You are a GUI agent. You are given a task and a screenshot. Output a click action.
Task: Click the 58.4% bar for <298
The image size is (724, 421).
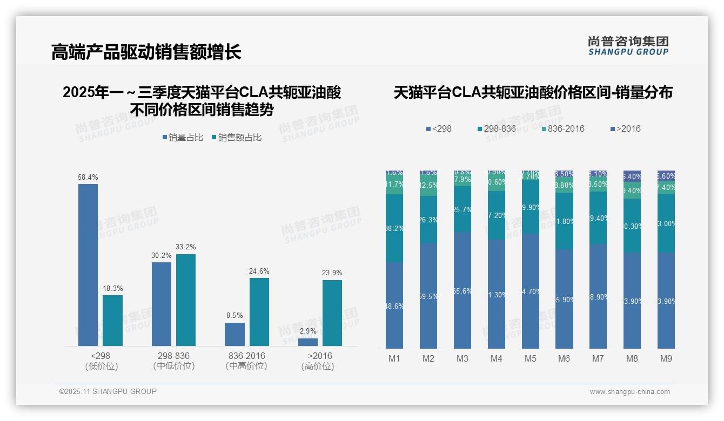(88, 264)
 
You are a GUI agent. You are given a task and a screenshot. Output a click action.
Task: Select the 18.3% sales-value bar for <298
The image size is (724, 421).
(112, 320)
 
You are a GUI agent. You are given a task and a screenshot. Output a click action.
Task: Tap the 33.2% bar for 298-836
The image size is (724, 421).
(186, 300)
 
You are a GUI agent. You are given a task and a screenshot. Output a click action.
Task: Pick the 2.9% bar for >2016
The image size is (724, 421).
(308, 342)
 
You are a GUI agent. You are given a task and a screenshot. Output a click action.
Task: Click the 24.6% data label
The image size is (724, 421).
(259, 271)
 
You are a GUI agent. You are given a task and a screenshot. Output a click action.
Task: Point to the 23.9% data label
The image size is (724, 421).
(332, 273)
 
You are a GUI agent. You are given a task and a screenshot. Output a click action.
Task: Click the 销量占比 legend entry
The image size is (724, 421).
(183, 138)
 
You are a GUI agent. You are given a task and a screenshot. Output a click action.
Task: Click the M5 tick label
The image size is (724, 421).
(530, 359)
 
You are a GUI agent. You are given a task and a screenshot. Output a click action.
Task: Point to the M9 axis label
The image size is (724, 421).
(666, 359)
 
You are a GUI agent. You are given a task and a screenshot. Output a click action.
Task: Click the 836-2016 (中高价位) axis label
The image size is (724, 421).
(247, 361)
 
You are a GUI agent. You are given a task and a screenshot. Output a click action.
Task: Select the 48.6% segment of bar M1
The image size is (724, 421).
(394, 305)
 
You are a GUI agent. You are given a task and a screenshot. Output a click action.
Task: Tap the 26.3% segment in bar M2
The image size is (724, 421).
(428, 220)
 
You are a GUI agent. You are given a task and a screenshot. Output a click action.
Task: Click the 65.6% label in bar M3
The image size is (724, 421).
(462, 291)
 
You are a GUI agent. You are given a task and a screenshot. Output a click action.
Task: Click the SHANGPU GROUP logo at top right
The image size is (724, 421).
(628, 46)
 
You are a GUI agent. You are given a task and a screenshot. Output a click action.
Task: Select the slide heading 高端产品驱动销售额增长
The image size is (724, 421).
(146, 52)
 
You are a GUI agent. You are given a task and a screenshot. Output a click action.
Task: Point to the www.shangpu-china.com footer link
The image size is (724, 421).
(629, 392)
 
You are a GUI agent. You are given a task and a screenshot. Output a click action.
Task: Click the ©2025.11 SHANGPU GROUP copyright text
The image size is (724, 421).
(108, 392)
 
